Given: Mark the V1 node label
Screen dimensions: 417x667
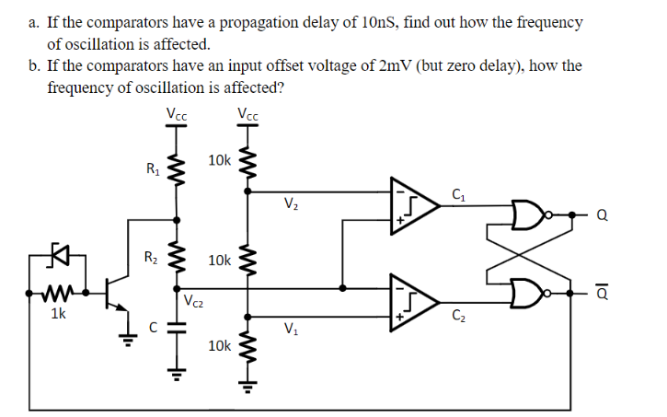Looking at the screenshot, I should (x=291, y=330).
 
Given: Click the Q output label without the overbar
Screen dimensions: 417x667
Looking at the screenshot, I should (x=603, y=218).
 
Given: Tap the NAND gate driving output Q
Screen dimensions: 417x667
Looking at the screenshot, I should (x=528, y=215).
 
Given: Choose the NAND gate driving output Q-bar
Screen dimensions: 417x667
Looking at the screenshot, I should (x=528, y=290).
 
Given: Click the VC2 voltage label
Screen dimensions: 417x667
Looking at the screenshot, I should (x=193, y=300).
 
